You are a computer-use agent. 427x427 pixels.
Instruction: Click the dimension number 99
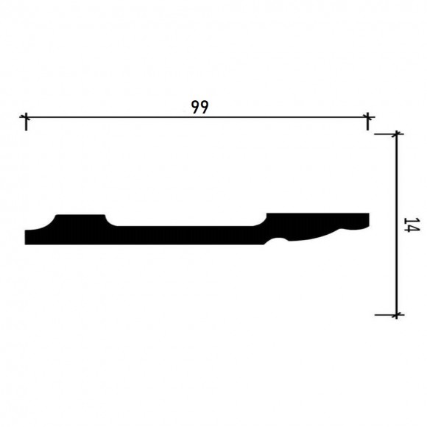(x=198, y=106)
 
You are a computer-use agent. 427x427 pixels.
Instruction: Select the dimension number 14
(x=410, y=225)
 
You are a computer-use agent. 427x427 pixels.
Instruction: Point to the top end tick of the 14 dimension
(x=397, y=135)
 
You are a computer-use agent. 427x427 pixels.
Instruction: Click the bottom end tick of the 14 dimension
(x=397, y=314)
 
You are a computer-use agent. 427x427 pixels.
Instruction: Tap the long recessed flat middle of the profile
(x=188, y=234)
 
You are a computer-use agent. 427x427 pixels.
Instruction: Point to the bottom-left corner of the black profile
(x=27, y=242)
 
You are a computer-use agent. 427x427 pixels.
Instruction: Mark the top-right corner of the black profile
(x=367, y=214)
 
